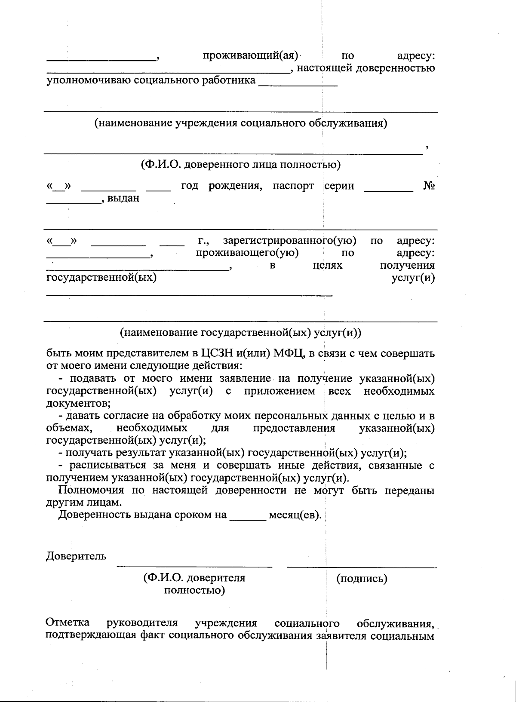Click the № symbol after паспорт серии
pos(429,186)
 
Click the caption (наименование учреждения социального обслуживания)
pos(241,123)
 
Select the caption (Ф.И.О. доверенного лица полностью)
pos(240,165)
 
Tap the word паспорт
pos(293,186)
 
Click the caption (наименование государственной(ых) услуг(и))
pos(241,333)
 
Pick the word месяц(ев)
pos(295,515)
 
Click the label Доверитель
pos(76,556)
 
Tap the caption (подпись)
pos(362,579)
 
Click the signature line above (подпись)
pos(362,567)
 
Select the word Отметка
pos(68,622)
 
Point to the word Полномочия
pos(91,490)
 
